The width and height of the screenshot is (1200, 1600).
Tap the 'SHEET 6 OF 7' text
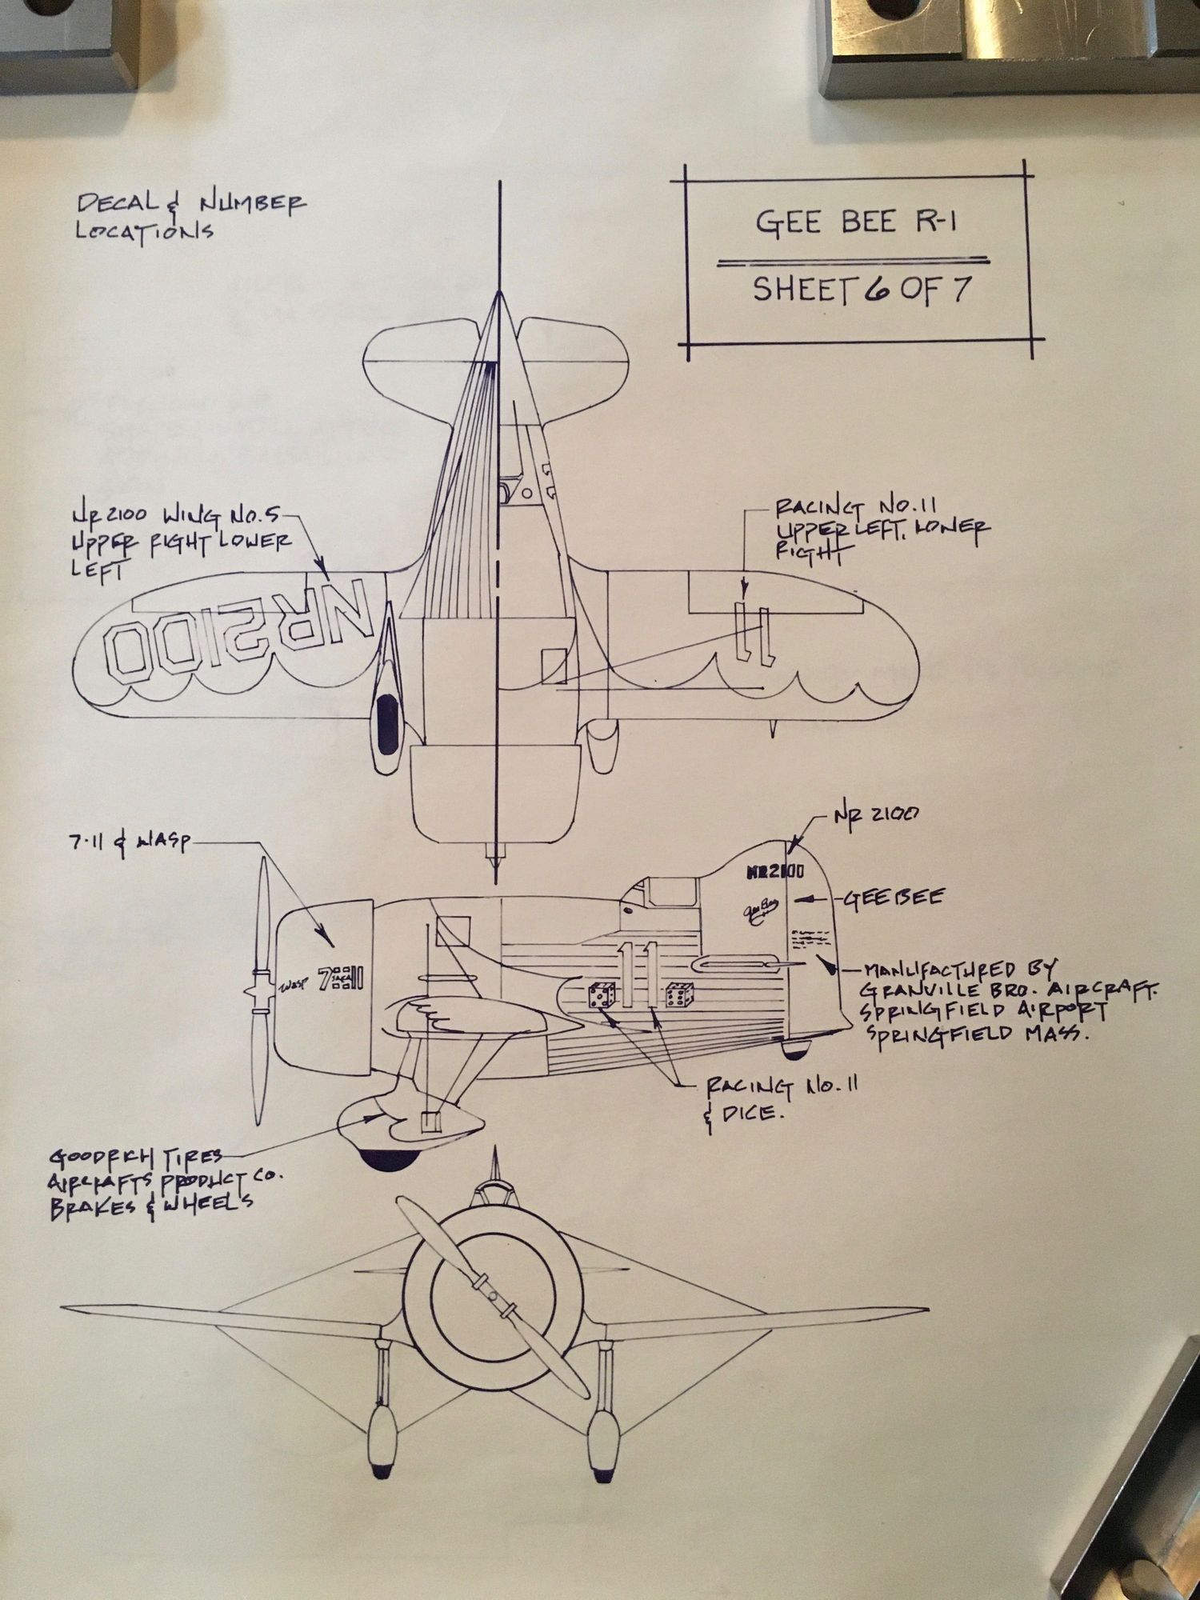[x=862, y=290]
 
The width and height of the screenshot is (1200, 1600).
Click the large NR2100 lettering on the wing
[x=241, y=632]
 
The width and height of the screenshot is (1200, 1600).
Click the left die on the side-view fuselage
[x=602, y=996]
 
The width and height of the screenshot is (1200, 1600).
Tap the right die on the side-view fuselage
[x=679, y=994]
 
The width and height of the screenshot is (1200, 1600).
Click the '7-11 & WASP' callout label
[x=127, y=842]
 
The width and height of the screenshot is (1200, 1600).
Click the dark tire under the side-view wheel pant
[x=384, y=1156]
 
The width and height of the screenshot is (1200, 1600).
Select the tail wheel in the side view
[x=797, y=1050]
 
